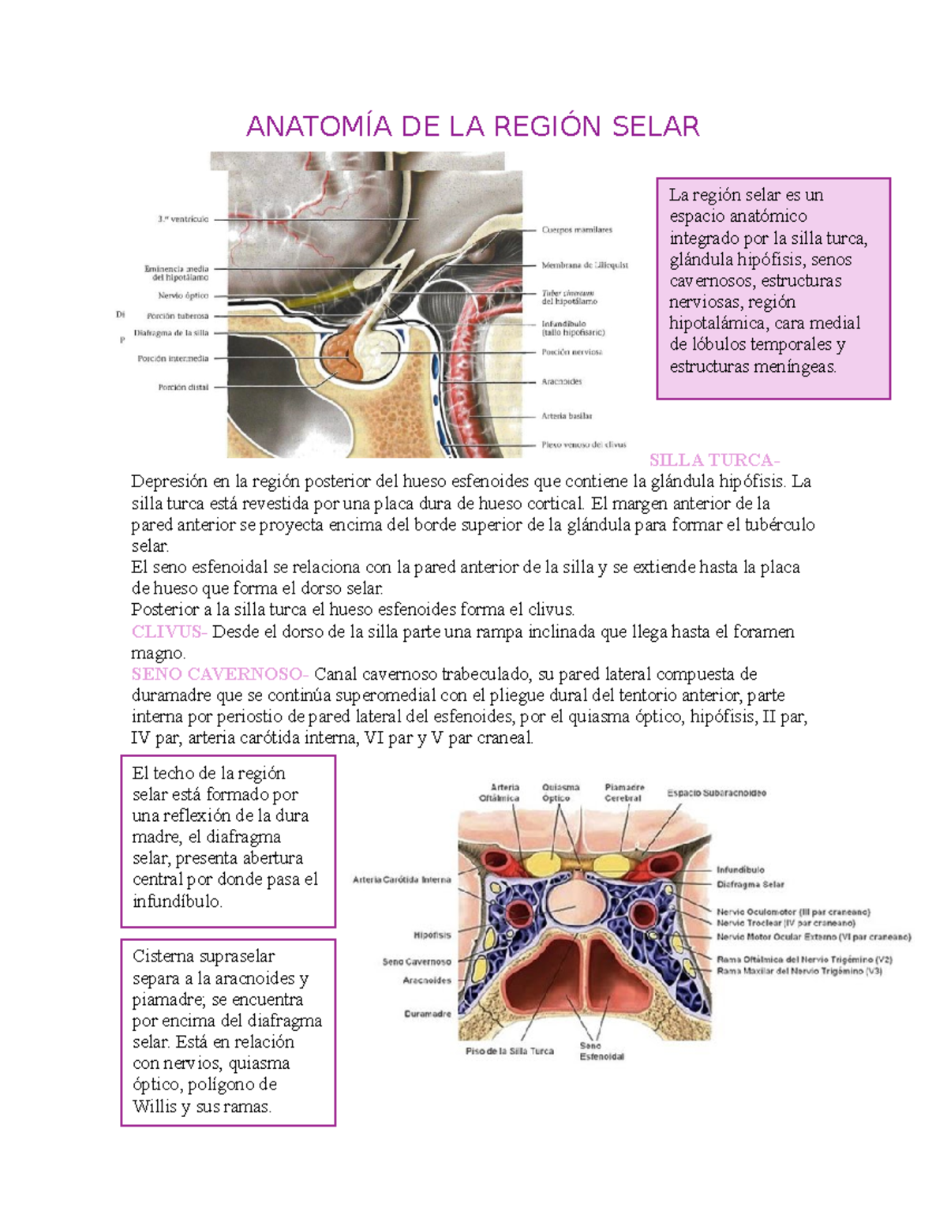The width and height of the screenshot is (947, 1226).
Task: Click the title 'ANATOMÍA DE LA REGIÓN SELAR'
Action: click(473, 126)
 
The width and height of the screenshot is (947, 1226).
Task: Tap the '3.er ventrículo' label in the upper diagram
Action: click(183, 219)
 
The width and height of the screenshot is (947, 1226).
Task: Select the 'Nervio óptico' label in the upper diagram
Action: click(183, 296)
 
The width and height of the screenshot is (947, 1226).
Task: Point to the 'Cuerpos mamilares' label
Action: click(577, 231)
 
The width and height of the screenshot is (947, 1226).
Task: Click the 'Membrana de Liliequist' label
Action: click(585, 266)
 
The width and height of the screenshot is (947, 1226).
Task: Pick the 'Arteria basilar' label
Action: click(567, 416)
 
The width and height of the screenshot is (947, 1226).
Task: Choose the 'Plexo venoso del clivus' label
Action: click(583, 445)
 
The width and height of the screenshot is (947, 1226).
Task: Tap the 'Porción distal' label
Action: click(183, 388)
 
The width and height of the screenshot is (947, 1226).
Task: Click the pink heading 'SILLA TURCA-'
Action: click(714, 460)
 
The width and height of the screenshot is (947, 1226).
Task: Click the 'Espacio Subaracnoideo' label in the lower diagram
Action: click(717, 793)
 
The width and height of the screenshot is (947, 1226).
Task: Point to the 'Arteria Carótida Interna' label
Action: click(402, 879)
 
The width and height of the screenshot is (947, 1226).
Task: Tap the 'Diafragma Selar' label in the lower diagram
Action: click(750, 885)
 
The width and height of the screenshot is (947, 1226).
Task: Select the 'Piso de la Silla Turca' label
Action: click(510, 1052)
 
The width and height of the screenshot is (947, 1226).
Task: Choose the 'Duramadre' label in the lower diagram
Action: click(428, 1014)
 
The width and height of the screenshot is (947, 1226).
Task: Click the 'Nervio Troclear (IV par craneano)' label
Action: click(786, 923)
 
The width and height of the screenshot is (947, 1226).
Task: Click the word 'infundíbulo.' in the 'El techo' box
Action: click(178, 902)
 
